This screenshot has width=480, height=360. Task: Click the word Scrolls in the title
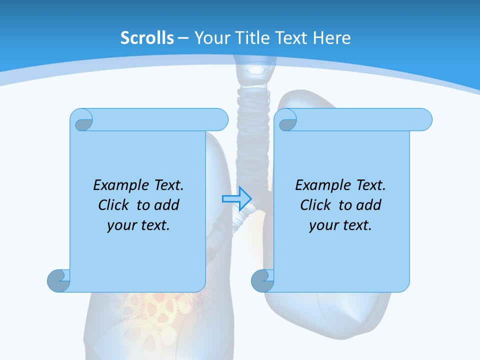pos(147,38)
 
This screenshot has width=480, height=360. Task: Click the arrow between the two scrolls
pos(236,198)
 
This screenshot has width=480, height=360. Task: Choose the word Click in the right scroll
pos(316,205)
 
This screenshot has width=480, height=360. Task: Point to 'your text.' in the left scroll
pos(138,225)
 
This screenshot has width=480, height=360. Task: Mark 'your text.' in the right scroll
pos(340,225)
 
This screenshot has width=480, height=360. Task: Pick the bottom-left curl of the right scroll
pos(262,280)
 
